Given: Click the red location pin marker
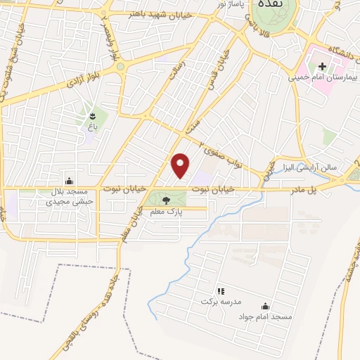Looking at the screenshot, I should (x=181, y=165).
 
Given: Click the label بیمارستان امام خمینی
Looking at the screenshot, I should (x=323, y=77).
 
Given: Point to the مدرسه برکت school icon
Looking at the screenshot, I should (x=219, y=290).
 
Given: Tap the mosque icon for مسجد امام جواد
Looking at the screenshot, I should (x=265, y=307).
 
